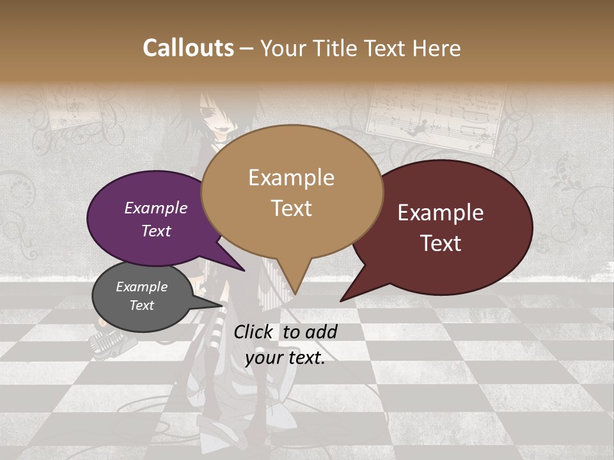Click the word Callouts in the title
pos(188,49)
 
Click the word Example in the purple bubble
pos(156,208)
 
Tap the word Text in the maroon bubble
pos(441,243)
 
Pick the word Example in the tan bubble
pos(291,178)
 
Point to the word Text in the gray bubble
pos(142,305)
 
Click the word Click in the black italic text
pos(254,332)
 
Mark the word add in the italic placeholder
pos(321,332)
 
